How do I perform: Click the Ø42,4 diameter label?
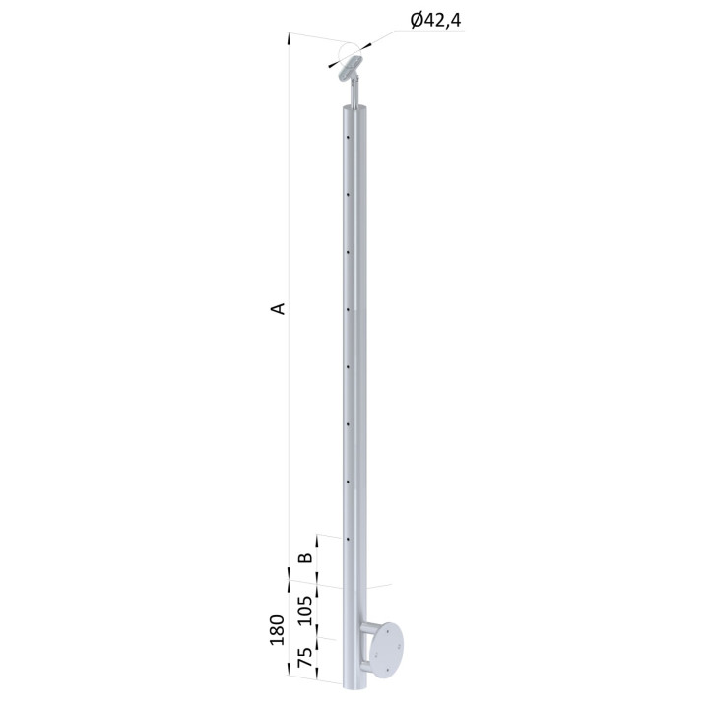435,21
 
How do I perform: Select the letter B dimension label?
306,557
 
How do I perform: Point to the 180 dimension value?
277,630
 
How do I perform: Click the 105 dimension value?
306,611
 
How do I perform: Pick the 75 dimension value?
306,658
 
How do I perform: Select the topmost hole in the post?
348,138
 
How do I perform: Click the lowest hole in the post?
348,539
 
